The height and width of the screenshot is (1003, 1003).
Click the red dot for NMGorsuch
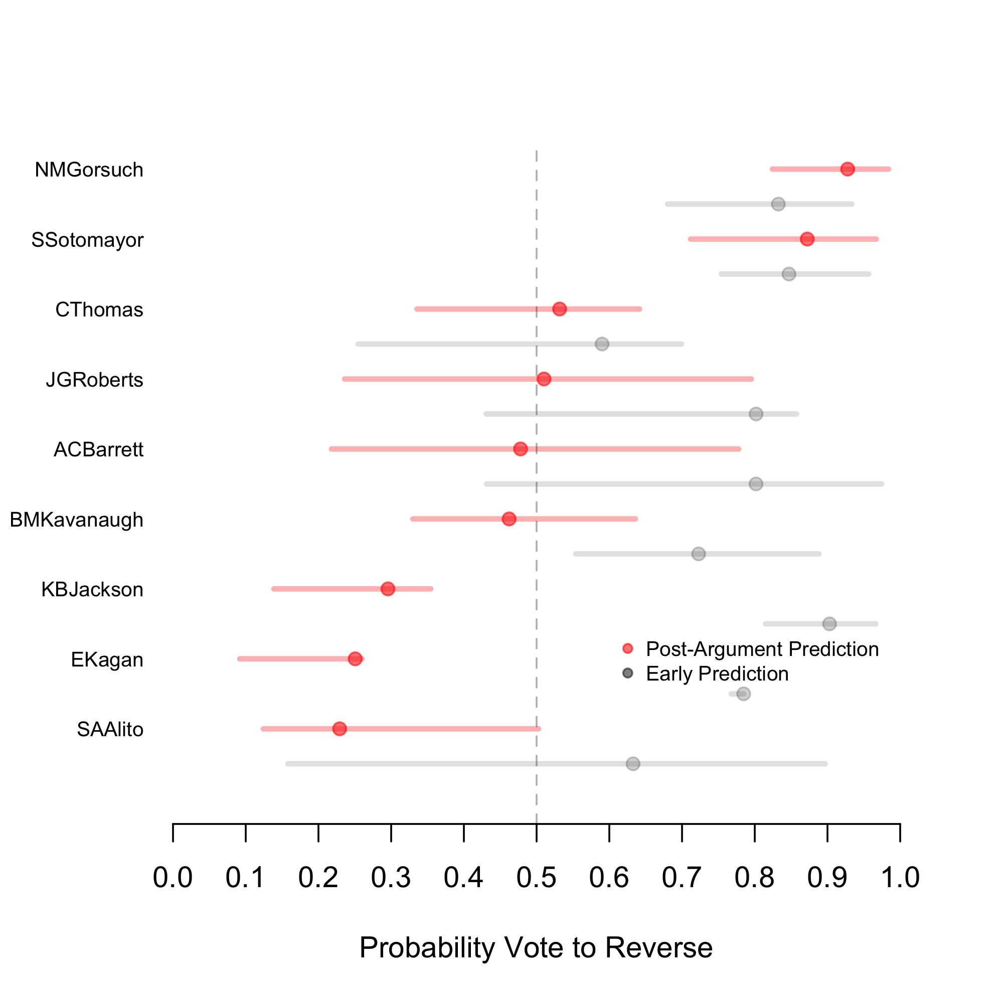[847, 169]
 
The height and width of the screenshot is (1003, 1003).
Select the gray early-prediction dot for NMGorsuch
[778, 204]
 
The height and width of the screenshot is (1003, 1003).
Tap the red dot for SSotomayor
[807, 239]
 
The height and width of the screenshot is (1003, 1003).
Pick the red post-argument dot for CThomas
[559, 309]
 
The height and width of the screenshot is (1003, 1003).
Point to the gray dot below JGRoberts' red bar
[756, 414]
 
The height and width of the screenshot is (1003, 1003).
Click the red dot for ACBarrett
[520, 449]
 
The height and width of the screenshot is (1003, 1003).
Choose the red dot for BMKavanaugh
[509, 519]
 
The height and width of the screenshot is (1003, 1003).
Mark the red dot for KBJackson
[387, 589]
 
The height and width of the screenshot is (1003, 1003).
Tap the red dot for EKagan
[355, 659]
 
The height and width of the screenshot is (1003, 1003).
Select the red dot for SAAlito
[340, 729]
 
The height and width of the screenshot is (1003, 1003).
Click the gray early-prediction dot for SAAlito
[632, 764]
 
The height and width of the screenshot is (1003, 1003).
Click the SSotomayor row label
[87, 240]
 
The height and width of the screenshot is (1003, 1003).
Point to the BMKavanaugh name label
[76, 520]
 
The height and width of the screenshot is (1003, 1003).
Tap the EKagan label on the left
[107, 660]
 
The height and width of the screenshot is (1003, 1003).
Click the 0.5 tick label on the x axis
[536, 877]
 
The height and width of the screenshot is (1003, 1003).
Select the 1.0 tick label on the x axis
[900, 877]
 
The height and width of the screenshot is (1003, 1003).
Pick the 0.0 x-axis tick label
[173, 877]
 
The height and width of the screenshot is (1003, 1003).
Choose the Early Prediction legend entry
[717, 674]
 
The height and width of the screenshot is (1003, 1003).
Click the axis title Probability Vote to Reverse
[536, 948]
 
